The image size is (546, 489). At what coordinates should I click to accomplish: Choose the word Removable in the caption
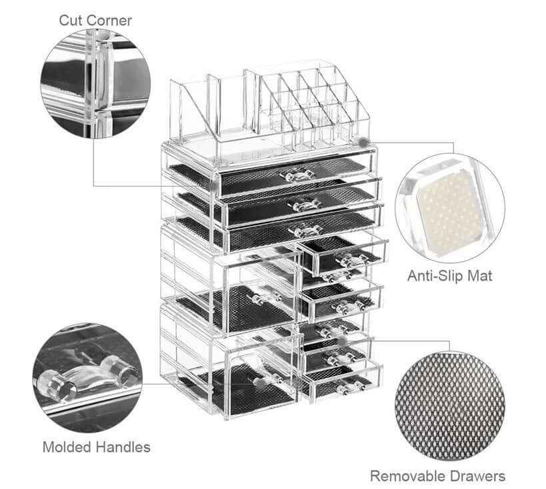point(405,476)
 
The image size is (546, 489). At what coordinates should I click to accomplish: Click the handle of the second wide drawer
point(303,205)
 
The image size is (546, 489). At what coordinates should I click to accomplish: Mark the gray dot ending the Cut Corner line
point(213,187)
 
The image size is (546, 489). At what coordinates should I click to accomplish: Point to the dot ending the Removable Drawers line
point(342,340)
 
